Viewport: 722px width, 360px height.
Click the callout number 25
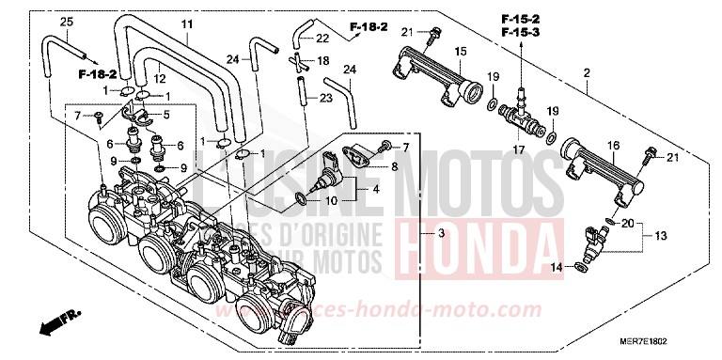[66, 22]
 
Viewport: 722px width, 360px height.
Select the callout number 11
[186, 23]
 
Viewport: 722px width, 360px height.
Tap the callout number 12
[160, 78]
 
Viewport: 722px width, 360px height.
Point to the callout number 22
[322, 39]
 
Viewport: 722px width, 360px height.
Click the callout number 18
[322, 60]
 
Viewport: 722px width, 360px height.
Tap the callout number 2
[587, 73]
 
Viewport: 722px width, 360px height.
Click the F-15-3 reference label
[520, 33]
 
